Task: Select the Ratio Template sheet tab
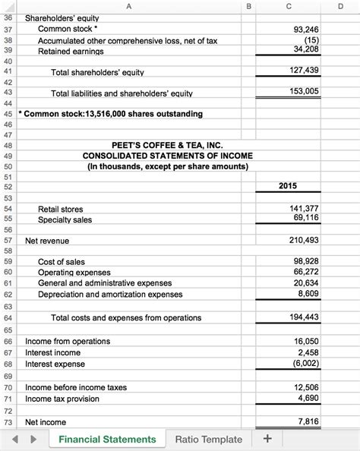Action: pos(209,440)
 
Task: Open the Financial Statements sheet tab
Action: pos(107,440)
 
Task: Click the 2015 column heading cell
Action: pos(288,187)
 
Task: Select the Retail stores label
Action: pos(61,209)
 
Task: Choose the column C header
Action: pos(288,7)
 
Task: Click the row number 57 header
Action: pos(8,241)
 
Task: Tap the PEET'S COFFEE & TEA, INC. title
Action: pos(167,144)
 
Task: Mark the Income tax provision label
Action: pos(66,399)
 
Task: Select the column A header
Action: pos(127,7)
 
